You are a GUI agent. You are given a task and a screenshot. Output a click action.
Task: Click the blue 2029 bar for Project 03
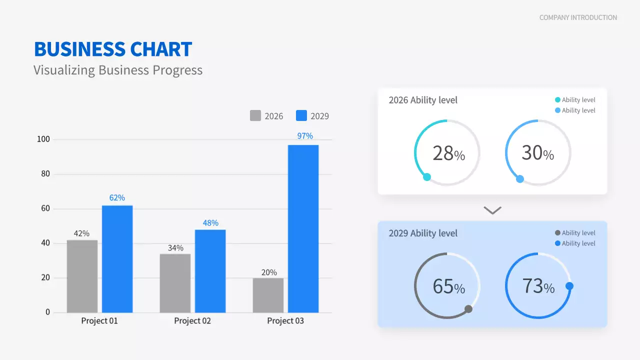point(303,228)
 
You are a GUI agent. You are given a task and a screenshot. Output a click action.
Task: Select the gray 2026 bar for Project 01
point(82,276)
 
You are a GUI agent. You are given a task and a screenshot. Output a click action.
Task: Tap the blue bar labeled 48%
point(210,270)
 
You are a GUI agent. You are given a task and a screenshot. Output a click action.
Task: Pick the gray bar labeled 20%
point(268,295)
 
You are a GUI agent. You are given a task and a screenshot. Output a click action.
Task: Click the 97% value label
point(305,136)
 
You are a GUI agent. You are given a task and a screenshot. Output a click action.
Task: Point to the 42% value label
point(81,233)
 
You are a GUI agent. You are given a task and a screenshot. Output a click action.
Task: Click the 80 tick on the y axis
point(45,174)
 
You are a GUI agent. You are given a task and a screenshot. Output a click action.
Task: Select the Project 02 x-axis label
point(192,321)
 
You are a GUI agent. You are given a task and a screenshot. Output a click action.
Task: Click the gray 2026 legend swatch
point(255,115)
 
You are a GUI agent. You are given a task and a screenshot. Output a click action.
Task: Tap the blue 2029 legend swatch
point(301,115)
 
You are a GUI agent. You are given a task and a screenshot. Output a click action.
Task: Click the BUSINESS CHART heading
point(113,49)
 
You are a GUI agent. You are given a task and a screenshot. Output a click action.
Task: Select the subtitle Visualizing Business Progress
point(118,70)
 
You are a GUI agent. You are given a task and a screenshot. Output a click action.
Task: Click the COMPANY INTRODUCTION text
point(578,17)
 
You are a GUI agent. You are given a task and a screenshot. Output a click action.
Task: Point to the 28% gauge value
point(448,153)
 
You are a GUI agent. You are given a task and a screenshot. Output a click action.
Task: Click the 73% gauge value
point(538,286)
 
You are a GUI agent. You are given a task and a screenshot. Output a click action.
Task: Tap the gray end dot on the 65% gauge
point(468,309)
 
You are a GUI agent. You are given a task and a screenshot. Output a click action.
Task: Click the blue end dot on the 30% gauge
point(520,179)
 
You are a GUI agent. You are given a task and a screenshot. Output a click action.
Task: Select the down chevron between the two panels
point(492,210)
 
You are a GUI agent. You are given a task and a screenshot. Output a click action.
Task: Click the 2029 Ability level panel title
point(423,233)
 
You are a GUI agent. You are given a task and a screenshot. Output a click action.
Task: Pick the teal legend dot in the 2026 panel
point(558,100)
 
